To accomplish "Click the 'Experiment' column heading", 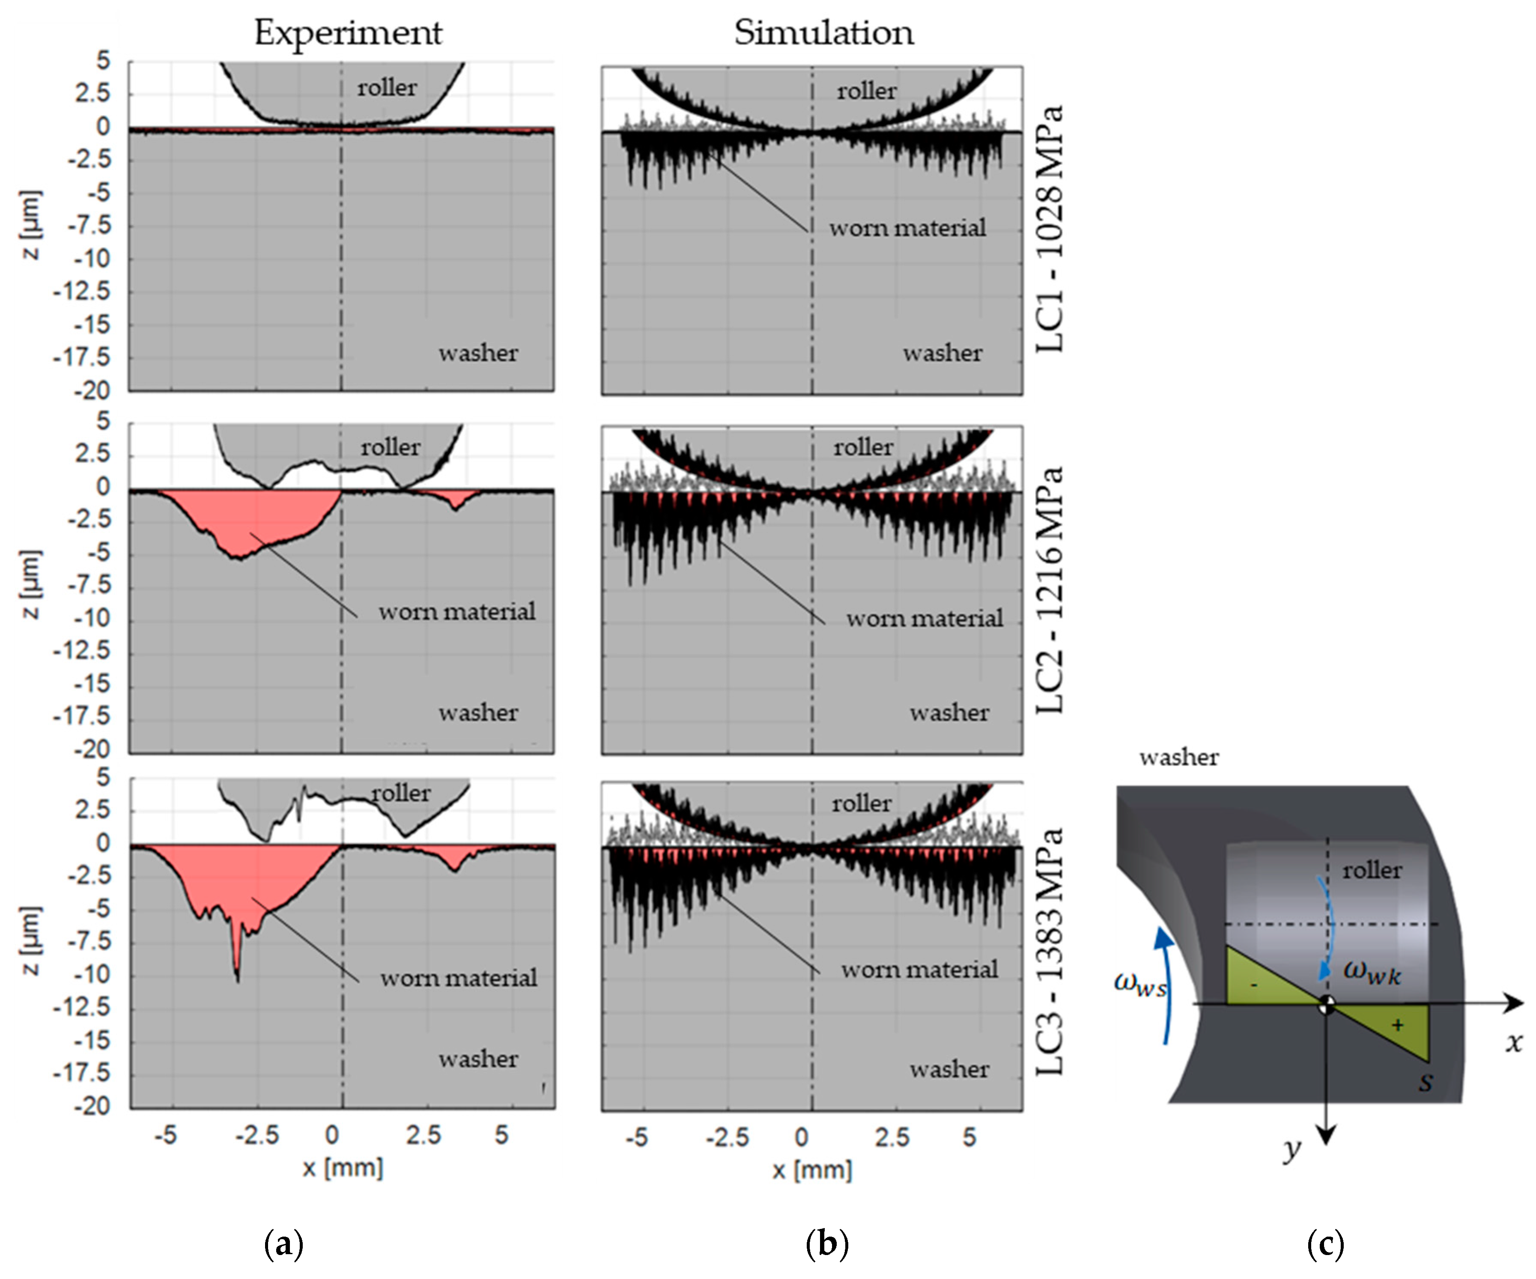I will coord(348,33).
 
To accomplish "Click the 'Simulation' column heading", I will coord(823,33).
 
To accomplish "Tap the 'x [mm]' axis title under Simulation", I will coord(812,1170).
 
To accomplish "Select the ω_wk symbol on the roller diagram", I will coord(1372,973).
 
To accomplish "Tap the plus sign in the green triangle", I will coord(1397,1025).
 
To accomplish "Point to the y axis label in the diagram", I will coord(1292,1150).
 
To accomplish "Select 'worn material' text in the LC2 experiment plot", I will coord(456,611).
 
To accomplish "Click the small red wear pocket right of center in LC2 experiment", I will coord(455,500).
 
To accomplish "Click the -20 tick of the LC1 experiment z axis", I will coord(92,390).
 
